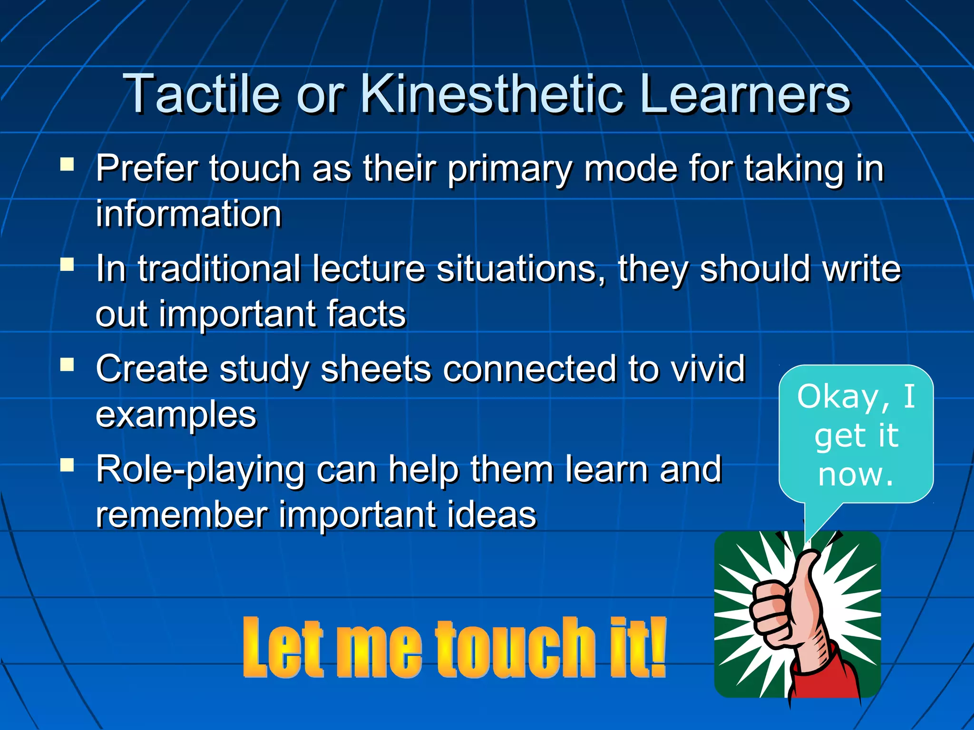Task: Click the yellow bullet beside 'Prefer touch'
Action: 67,164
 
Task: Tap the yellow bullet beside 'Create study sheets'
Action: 67,365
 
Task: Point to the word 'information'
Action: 189,214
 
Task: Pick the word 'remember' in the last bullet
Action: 181,515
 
